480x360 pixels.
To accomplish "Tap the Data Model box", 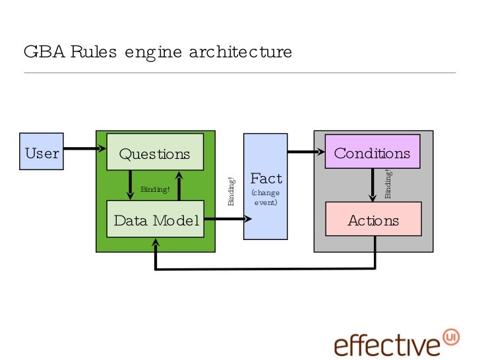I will pos(155,219).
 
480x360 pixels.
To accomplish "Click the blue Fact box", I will pos(266,186).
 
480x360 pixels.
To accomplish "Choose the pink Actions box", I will pos(373,219).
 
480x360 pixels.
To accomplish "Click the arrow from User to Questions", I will pos(84,149).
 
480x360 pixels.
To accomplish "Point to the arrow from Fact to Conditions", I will pos(306,152).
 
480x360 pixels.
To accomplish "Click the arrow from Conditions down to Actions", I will pos(373,185).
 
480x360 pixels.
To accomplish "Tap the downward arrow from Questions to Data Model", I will pos(131,185).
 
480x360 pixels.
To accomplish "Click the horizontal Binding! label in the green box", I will pos(155,190).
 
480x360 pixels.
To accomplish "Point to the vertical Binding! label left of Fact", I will pos(231,191).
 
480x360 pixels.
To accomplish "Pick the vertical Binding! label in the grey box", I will pos(388,184).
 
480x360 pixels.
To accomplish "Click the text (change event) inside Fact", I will pos(266,198).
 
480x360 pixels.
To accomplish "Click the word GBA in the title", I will pos(39,51).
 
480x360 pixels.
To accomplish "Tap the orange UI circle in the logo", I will pos(451,336).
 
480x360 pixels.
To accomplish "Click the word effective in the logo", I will pos(386,345).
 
